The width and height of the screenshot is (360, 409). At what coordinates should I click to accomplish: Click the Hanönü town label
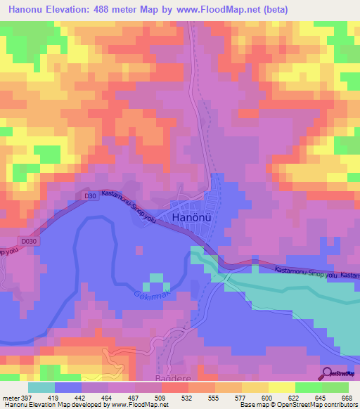(x=192, y=219)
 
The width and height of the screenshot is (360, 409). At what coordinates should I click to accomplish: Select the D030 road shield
(x=29, y=242)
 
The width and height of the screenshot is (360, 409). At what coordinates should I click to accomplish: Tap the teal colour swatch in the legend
(x=41, y=387)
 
